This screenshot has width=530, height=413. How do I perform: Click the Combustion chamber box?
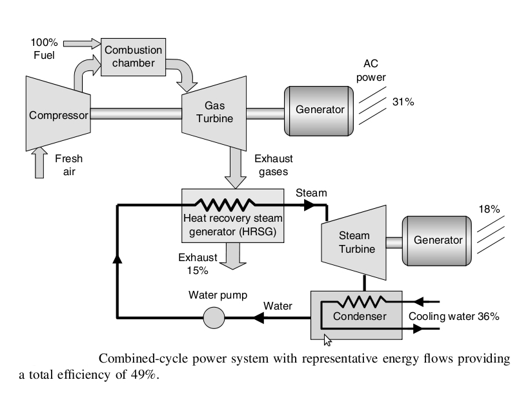tap(133, 57)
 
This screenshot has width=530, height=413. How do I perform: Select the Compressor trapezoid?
tap(58, 113)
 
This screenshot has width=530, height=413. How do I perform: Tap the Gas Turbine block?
tap(214, 113)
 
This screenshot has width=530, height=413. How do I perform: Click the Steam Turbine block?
tap(354, 242)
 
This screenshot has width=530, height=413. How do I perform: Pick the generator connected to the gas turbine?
tap(319, 111)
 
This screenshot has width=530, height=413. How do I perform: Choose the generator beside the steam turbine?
tap(436, 240)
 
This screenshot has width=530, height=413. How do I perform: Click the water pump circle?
tap(214, 318)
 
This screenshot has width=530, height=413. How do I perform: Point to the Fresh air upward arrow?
tap(39, 162)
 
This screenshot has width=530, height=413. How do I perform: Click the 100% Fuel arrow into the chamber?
tap(82, 44)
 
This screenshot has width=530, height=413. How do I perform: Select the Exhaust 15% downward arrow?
tap(232, 256)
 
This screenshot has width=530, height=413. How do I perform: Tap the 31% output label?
tap(403, 101)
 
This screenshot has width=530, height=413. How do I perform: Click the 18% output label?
tap(489, 209)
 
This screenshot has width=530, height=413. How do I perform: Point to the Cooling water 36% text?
tap(454, 316)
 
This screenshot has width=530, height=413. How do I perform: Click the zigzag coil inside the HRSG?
tap(225, 204)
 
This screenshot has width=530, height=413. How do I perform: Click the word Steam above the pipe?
tap(311, 193)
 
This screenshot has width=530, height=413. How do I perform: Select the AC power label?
tap(371, 70)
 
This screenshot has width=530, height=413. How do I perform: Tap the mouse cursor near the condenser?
tap(327, 340)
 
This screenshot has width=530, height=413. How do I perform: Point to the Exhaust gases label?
tap(274, 165)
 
